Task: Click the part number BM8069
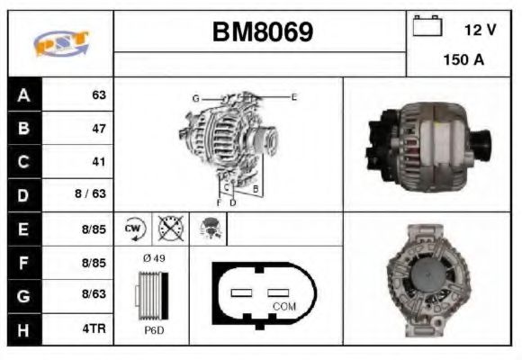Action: tap(262, 32)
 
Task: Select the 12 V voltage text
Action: tap(481, 30)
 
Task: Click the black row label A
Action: tap(23, 95)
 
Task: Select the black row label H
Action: tap(23, 329)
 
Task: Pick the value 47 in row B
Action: tap(99, 129)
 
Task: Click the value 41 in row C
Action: tap(99, 162)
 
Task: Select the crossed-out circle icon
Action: tap(169, 229)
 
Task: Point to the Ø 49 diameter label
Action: tap(152, 258)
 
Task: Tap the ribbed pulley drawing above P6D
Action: tap(150, 294)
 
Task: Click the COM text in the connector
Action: tap(283, 307)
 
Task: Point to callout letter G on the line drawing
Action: tap(195, 97)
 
